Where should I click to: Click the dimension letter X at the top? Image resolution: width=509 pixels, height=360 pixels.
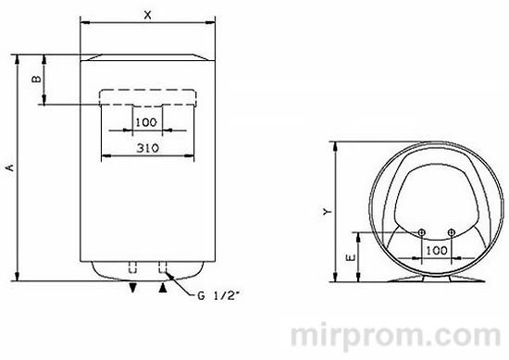coord(148,15)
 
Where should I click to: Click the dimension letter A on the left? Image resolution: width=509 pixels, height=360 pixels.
coord(10,167)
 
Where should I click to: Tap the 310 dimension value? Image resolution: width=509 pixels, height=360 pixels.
coord(146,148)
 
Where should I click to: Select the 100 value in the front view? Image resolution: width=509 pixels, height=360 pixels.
coord(145,122)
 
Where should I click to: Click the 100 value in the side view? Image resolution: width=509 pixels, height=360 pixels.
coord(436,250)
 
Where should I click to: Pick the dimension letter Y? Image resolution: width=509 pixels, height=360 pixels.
coord(326,211)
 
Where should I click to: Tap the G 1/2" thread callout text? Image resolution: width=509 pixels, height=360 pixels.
coord(218,296)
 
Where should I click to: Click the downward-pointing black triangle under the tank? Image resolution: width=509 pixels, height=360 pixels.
coord(134,289)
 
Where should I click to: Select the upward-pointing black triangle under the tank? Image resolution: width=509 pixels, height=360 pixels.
coord(164,289)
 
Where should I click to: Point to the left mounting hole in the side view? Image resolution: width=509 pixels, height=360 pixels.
coord(421,231)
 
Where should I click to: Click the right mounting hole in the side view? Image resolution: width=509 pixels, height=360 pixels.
coord(451,231)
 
